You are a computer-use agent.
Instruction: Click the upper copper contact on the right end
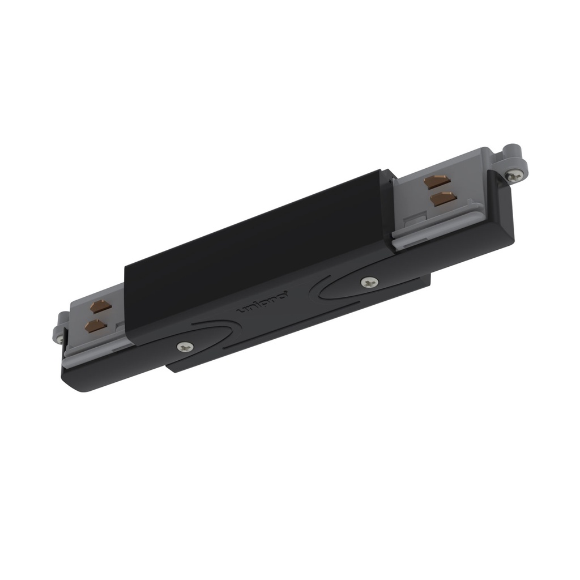(437, 182)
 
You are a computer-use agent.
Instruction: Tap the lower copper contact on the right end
(443, 198)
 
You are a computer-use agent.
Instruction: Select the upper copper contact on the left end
(100, 307)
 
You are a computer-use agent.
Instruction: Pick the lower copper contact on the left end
(95, 326)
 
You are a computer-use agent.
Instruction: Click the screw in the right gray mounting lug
(514, 176)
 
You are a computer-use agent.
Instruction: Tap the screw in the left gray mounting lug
(59, 339)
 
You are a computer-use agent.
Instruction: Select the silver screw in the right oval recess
(369, 282)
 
